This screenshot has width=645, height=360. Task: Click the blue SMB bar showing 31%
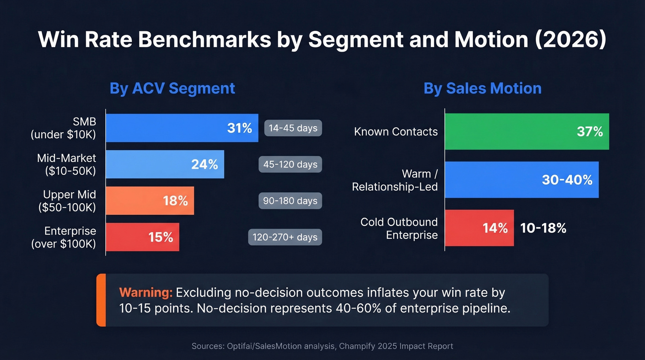coord(182,128)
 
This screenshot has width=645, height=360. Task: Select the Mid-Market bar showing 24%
coord(165,164)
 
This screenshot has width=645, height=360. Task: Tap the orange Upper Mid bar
coord(150,201)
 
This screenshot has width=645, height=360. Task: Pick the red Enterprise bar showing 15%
coord(142,237)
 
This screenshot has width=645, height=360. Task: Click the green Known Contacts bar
coord(527,131)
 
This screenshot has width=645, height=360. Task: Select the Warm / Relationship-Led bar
coord(522,180)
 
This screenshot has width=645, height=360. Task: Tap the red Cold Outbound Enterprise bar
coord(479,228)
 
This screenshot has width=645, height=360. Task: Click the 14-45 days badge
coord(293,128)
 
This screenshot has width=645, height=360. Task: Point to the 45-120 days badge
coord(290,164)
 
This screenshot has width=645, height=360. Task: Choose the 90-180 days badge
coord(290,201)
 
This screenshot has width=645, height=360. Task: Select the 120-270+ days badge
coord(285,237)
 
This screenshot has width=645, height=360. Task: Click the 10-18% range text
coord(543,228)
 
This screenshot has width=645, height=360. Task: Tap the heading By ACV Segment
coord(172,88)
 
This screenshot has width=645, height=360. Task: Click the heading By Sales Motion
coord(482,88)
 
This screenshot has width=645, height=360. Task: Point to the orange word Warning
coord(146,292)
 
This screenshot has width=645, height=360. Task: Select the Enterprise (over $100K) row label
coord(64,237)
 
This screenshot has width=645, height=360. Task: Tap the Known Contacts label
coord(396,132)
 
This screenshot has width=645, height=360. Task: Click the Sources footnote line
coord(322,346)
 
